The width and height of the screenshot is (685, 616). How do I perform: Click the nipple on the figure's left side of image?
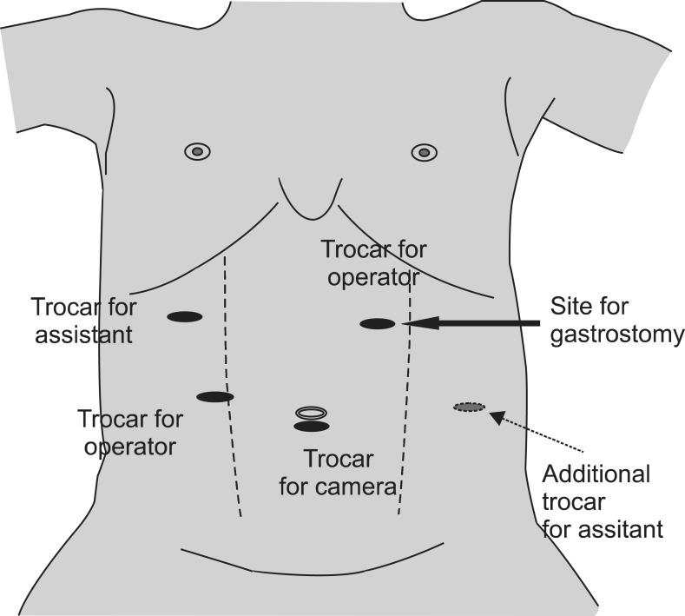(x=197, y=151)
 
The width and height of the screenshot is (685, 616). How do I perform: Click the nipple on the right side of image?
(x=423, y=152)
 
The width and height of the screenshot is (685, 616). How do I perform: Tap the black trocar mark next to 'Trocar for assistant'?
(x=184, y=317)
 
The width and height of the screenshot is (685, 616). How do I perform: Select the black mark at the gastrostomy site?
(x=378, y=324)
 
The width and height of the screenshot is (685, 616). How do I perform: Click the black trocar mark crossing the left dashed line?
(x=215, y=397)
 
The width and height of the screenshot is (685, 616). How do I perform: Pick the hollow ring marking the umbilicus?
(x=312, y=412)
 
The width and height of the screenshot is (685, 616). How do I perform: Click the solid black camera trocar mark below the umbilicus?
(x=312, y=427)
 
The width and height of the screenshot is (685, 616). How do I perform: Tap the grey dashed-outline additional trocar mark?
(x=470, y=407)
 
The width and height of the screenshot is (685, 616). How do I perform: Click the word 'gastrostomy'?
(x=617, y=334)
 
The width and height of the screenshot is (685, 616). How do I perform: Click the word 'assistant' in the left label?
(x=83, y=334)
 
